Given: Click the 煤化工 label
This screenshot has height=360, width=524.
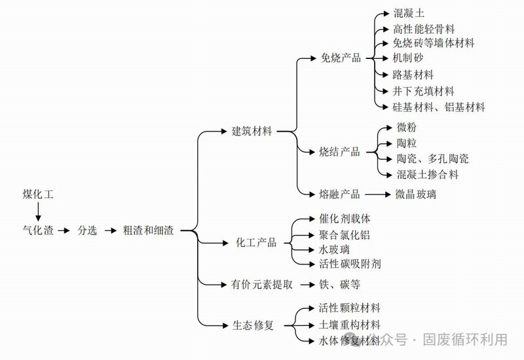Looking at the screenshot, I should point(38,194).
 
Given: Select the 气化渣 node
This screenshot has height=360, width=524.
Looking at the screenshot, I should point(37,230).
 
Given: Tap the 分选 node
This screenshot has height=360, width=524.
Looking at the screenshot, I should point(87,230).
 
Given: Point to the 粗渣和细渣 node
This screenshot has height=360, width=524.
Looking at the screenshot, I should point(148,230).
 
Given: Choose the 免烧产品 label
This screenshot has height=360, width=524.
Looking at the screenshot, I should point(341,58).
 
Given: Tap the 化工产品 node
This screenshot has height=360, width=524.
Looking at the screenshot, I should point(256,243).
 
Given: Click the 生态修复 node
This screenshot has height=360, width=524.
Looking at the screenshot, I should point(252,325).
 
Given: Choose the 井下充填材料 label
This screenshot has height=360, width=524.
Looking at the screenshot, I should point(424,91).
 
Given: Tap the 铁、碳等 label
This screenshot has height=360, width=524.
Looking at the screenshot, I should point(339,284).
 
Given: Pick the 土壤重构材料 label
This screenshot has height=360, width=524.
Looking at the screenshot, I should point(348,325).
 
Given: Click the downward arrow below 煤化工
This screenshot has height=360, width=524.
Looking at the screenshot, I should point(38,211).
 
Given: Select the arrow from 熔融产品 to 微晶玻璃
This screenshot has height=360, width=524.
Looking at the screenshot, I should point(377,194).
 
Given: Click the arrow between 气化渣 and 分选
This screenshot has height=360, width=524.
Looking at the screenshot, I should point(64,230).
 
